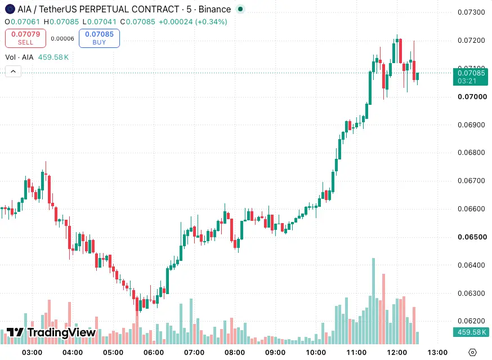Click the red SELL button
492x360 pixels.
25,38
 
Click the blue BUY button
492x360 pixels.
99,38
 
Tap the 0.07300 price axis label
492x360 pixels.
471,12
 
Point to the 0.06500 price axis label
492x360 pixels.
472,237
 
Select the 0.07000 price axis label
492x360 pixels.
472,97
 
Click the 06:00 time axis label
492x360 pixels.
154,353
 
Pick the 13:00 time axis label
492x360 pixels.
437,353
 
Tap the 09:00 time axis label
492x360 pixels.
275,353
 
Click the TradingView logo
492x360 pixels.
51,332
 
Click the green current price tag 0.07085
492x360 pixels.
471,77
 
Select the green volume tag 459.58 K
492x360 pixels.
471,332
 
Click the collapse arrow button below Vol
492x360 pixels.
13,72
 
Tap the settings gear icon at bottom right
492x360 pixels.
472,353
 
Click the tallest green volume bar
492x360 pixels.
373,301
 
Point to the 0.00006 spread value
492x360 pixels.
62,39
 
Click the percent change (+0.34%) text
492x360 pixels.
211,21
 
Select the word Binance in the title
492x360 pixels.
214,10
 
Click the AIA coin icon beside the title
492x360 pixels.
10,9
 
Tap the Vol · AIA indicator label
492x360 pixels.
19,57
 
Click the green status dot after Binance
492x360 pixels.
240,9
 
